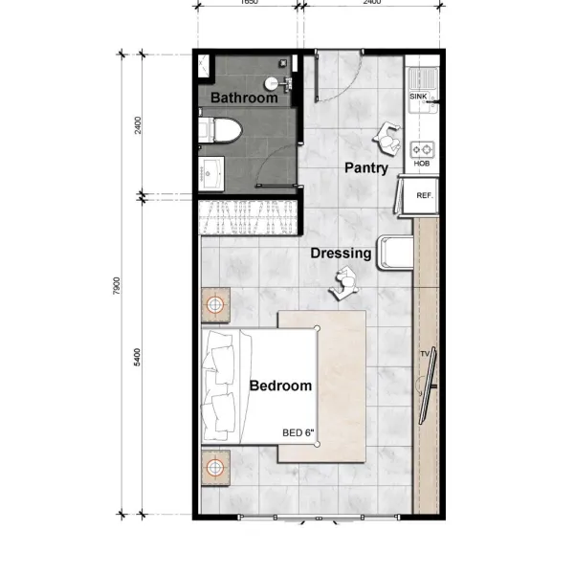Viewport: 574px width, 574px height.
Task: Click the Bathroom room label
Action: tap(244, 98)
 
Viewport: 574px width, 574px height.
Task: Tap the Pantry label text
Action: tap(365, 168)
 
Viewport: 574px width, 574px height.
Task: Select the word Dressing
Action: tap(341, 254)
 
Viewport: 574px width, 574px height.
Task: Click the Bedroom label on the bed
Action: tap(280, 386)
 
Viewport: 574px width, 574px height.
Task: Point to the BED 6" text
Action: tap(298, 432)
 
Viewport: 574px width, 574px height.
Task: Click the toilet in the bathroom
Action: tap(219, 130)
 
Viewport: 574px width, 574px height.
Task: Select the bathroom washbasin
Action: tap(211, 173)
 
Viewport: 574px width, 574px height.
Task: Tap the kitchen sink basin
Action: tap(421, 77)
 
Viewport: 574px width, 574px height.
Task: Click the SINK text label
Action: tap(418, 97)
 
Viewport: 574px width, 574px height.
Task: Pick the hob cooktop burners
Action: tap(421, 149)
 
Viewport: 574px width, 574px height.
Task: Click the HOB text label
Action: tap(421, 165)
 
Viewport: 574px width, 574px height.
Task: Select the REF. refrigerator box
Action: tap(423, 195)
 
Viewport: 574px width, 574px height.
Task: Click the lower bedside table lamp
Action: tap(217, 468)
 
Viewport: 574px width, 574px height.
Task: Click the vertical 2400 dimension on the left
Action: tap(139, 124)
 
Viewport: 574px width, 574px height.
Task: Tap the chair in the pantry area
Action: tap(388, 138)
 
